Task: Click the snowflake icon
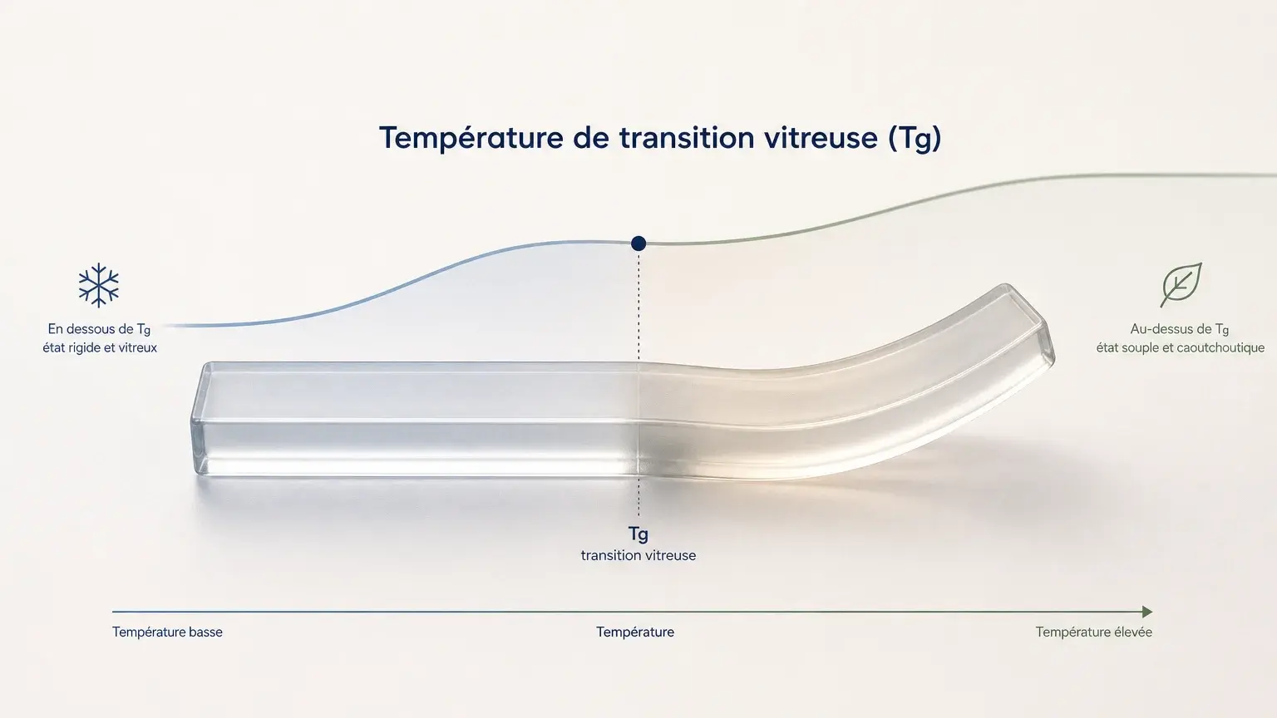coord(99,285)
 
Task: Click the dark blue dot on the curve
coord(638,243)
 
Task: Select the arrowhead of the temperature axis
coord(1147,612)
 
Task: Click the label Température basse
coord(167,632)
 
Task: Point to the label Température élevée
coord(1094,632)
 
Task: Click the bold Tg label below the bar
coord(638,534)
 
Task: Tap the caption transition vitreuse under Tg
coord(638,556)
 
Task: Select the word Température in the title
coord(471,139)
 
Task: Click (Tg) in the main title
coord(915,139)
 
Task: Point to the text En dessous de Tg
coord(99,329)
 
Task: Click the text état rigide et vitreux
coord(100,347)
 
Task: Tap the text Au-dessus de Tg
coord(1180,329)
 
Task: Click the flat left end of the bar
coord(200,419)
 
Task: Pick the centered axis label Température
coord(635,632)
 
